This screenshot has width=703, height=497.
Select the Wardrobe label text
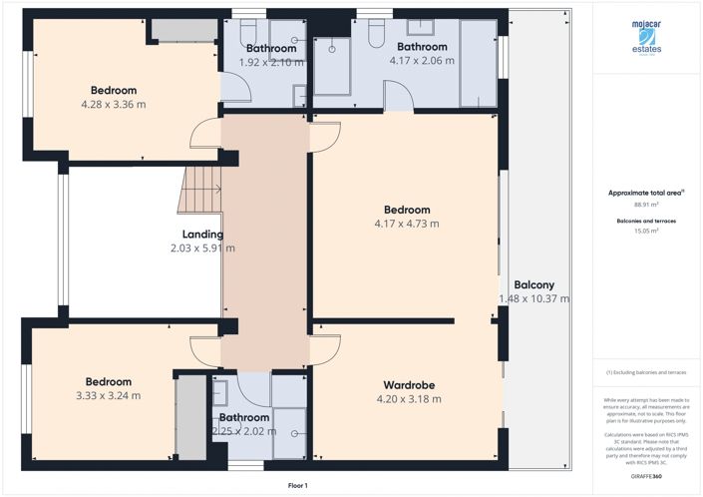point(409,385)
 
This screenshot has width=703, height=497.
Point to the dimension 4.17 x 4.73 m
point(407,224)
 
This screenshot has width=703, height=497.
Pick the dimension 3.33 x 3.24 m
point(108,395)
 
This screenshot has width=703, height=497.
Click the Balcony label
point(533,284)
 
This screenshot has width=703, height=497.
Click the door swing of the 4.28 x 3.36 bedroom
point(204,134)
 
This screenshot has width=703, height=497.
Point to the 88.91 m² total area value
point(646,205)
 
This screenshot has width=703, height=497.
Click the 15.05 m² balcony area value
point(646,231)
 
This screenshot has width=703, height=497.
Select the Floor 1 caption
point(297,485)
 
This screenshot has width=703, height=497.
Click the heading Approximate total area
point(645,193)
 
